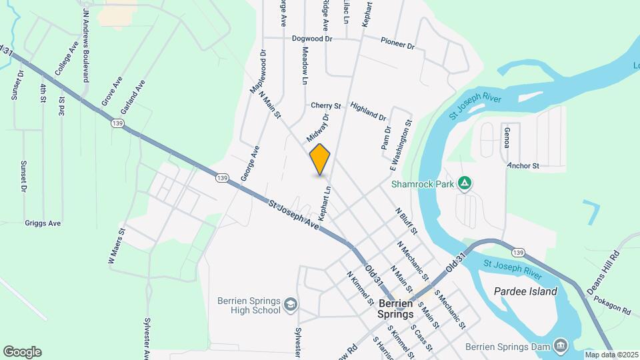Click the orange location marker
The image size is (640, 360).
(320, 160)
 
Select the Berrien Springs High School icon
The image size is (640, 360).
(291, 305)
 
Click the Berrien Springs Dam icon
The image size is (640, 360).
(561, 344)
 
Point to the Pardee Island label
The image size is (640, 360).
(525, 292)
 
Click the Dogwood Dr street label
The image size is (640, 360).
(312, 39)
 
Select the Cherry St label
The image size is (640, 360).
(326, 105)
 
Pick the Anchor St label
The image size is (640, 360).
(523, 165)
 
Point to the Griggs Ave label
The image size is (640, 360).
(43, 223)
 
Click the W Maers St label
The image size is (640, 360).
(117, 248)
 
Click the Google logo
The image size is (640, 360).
(22, 352)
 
